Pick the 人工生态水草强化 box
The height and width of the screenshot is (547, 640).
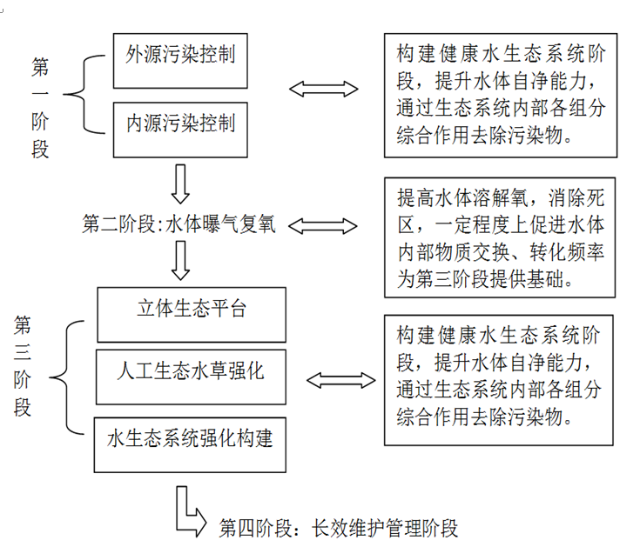click(x=192, y=375)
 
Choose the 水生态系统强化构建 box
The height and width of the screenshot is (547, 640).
click(x=192, y=438)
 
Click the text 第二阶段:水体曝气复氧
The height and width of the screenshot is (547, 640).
click(x=179, y=225)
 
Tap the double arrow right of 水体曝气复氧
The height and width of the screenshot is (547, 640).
click(x=323, y=226)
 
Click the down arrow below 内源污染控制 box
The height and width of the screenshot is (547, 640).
click(x=181, y=183)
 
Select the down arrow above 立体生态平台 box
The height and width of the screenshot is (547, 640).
click(x=181, y=260)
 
